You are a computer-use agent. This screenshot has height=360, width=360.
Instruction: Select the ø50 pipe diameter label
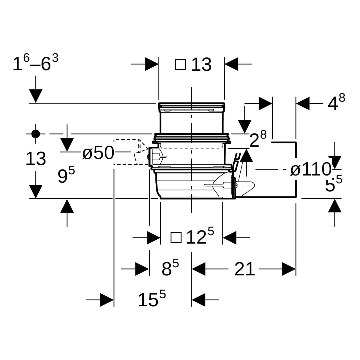click(98, 153)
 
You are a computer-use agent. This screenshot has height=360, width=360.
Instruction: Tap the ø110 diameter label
click(310, 170)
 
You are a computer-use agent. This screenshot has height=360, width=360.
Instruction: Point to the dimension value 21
click(244, 269)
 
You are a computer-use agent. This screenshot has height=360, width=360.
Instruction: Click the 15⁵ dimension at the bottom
click(152, 299)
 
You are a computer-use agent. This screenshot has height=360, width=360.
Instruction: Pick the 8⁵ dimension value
click(170, 269)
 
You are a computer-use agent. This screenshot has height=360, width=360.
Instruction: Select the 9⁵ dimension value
click(66, 176)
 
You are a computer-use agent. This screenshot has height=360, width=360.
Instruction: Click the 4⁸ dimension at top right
click(336, 103)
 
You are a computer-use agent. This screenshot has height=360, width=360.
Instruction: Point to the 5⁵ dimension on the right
click(334, 184)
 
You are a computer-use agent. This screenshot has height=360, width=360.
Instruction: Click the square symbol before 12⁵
click(176, 238)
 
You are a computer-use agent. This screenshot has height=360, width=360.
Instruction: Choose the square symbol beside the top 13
click(180, 64)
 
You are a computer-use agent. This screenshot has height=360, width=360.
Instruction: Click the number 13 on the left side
click(36, 159)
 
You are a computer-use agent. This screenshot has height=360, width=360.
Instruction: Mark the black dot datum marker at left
click(36, 134)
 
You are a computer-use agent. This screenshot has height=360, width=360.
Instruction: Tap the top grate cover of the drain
click(191, 107)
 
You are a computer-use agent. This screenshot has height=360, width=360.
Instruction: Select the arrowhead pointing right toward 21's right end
click(289, 269)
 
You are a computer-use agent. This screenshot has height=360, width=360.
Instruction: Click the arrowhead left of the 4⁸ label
click(303, 103)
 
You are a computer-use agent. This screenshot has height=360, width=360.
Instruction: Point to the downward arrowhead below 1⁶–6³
click(36, 96)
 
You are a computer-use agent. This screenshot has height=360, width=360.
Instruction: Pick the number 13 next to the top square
click(201, 64)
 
